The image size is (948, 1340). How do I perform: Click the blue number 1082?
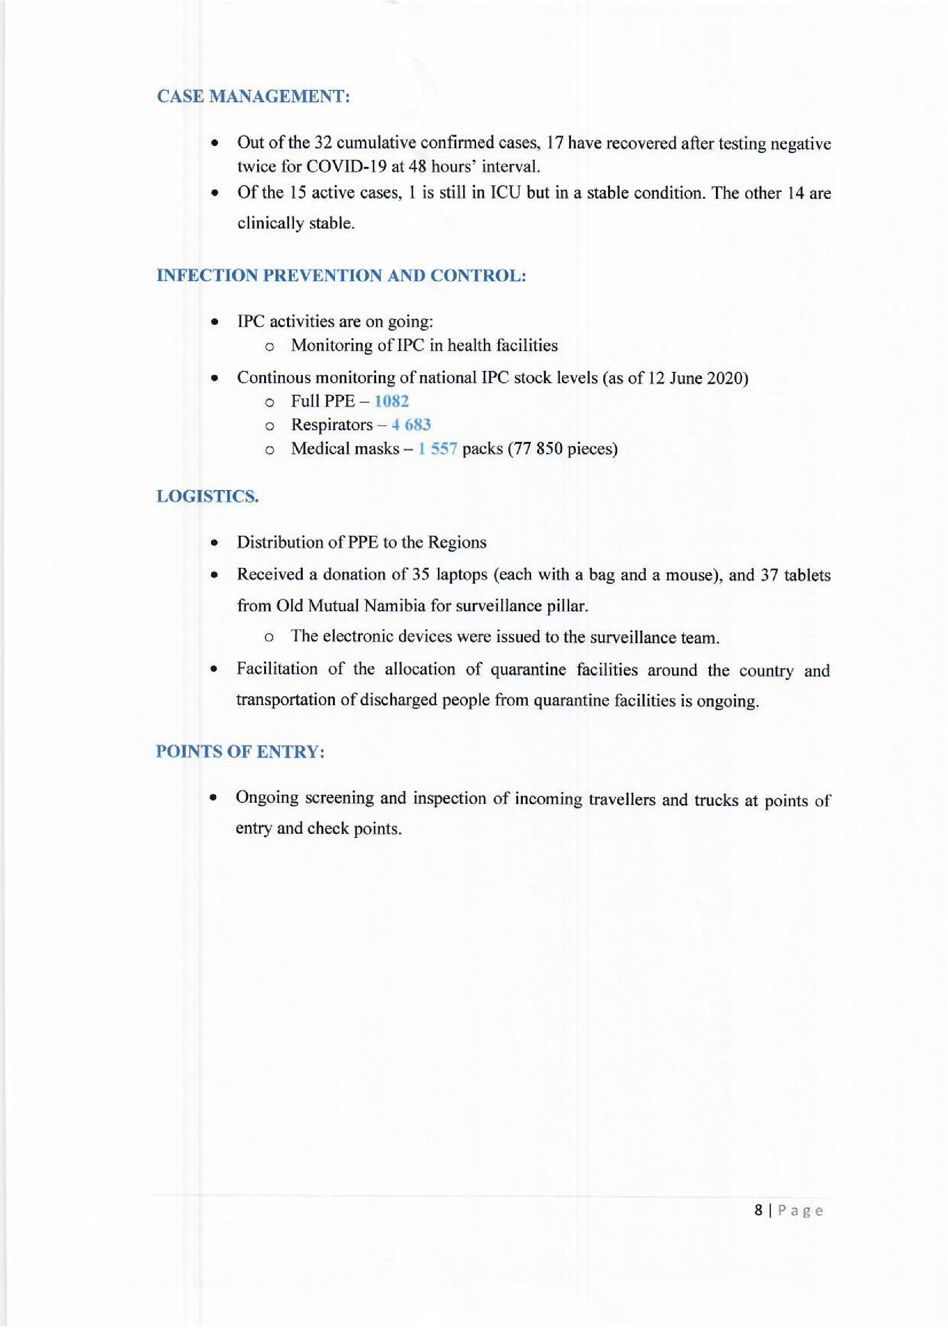click(x=391, y=401)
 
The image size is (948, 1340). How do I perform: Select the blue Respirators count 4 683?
click(x=411, y=425)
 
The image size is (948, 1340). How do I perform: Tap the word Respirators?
click(x=332, y=425)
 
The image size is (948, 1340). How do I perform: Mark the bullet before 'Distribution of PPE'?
click(x=216, y=543)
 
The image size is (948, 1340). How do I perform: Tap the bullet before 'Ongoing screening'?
click(x=216, y=798)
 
